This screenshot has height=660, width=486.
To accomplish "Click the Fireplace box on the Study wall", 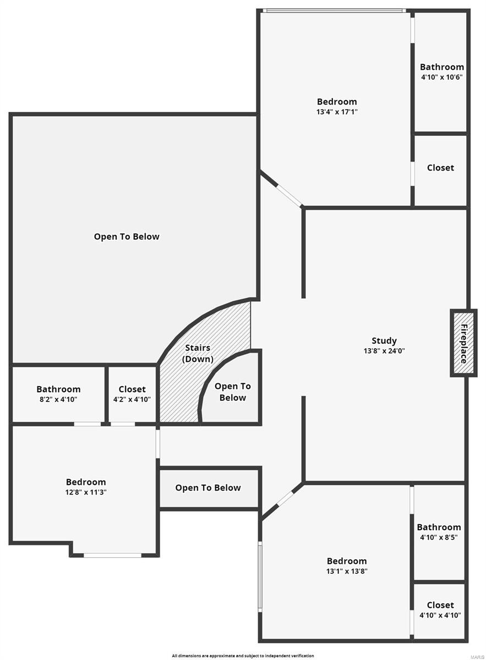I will (x=463, y=343).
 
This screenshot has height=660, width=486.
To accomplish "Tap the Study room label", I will (x=384, y=341).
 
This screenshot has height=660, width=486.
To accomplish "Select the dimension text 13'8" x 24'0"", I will (x=384, y=351).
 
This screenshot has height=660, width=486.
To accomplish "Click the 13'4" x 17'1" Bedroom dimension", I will (x=337, y=112).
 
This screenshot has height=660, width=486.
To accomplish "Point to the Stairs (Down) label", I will (x=197, y=353).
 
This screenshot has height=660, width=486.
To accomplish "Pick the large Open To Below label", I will (x=127, y=237).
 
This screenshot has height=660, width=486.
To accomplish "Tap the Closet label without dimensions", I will (x=440, y=168).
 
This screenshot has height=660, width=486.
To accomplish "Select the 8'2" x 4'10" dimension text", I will (x=58, y=399).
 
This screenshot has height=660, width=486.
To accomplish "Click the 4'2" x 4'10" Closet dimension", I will (x=132, y=399).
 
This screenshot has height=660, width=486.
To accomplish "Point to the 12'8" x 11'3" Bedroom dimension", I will (x=86, y=492).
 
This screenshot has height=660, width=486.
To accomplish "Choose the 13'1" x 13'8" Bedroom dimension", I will (x=347, y=571).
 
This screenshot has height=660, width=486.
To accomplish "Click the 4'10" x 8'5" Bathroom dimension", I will (x=439, y=537).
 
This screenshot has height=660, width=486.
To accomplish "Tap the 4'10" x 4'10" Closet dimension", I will (x=440, y=615).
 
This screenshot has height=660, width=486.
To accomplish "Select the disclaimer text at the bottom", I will (x=243, y=656).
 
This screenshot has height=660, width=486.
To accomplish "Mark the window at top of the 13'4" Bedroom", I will (x=334, y=10).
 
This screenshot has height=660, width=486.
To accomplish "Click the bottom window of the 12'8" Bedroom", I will (x=112, y=555).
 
